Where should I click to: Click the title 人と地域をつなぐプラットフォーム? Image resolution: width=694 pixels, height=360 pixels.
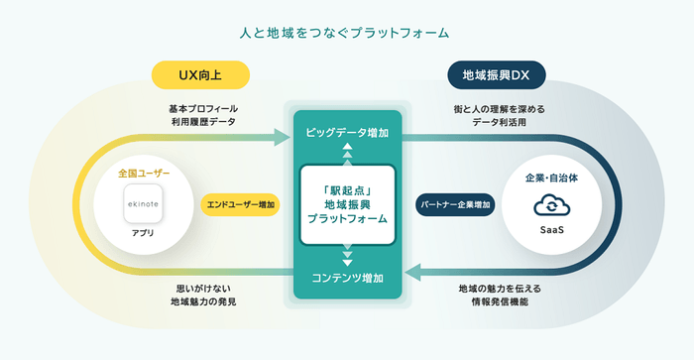pyautogui.click(x=346, y=32)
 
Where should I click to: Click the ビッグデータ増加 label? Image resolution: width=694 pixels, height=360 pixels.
pyautogui.click(x=347, y=132)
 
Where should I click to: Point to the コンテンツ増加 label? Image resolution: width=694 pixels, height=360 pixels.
pyautogui.click(x=347, y=277)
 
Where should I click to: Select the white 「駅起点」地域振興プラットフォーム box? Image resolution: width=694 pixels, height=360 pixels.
pyautogui.click(x=347, y=204)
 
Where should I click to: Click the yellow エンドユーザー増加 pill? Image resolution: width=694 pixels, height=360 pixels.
pyautogui.click(x=240, y=204)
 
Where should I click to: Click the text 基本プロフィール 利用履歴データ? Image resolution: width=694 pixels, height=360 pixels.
pyautogui.click(x=203, y=115)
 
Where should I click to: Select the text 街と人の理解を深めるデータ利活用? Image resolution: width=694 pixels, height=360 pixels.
pyautogui.click(x=491, y=115)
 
